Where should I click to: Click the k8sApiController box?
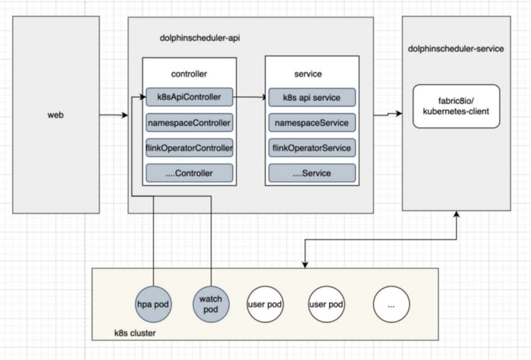(190, 97)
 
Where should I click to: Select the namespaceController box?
(190, 123)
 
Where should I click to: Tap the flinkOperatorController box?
(190, 148)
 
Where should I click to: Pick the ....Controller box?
(190, 173)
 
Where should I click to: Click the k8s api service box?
(312, 98)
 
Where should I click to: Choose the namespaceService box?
(312, 123)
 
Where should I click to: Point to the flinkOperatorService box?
(312, 148)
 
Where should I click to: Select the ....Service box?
(312, 173)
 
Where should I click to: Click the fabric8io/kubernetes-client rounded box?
(456, 106)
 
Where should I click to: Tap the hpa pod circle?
(153, 304)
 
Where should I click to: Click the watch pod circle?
(211, 304)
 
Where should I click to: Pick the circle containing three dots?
(391, 304)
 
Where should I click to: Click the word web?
(55, 115)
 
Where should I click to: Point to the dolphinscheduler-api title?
(200, 38)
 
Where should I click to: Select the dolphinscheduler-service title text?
(456, 49)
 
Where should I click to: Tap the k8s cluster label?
(135, 333)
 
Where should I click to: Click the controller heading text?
(189, 74)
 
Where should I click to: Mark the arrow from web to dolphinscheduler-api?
(114, 115)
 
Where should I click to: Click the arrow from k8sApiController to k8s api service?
(250, 97)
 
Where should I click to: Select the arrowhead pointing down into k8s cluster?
(305, 265)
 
